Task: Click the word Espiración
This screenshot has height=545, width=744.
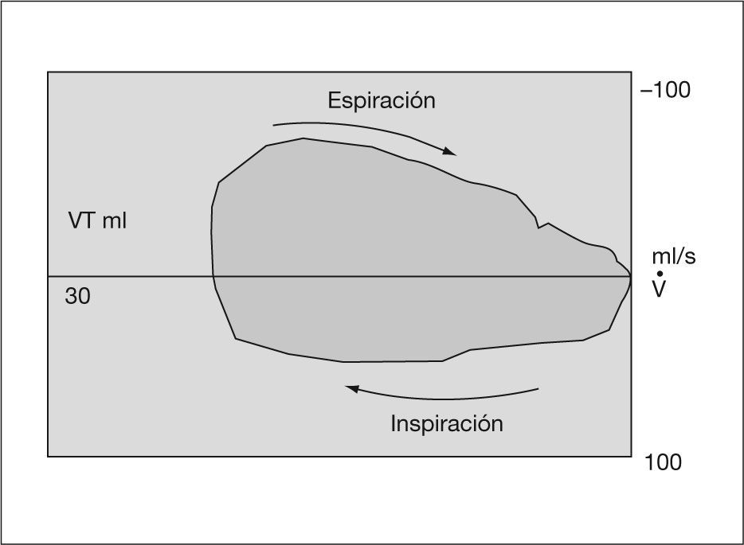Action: point(382,101)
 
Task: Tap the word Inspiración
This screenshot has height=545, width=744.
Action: point(446,423)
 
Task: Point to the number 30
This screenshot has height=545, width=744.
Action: point(78,297)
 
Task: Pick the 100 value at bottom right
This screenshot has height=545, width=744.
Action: point(663,462)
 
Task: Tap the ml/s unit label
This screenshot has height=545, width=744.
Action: point(673,256)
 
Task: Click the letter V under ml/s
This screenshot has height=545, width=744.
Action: point(660,289)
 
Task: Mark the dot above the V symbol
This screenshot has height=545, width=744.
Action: point(660,274)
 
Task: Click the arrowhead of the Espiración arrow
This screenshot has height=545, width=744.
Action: point(452,152)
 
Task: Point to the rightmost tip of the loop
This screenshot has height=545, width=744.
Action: point(630,277)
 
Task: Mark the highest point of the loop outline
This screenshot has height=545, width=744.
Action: point(303,139)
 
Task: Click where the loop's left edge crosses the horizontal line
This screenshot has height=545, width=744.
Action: point(213,276)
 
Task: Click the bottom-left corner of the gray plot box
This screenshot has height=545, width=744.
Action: point(49,456)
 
